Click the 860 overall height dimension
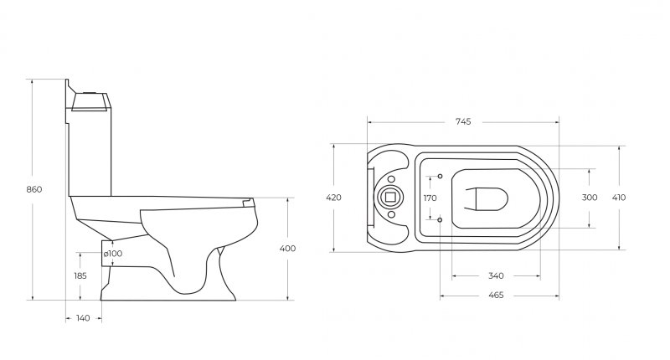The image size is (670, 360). [x=33, y=189]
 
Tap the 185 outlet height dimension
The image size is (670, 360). [x=80, y=275]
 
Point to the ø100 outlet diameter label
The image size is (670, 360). [x=113, y=254]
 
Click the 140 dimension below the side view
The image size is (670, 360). [x=83, y=318]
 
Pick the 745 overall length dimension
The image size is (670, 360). [x=463, y=121]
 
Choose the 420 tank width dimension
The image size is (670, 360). [x=333, y=198]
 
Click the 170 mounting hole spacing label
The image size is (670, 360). [x=430, y=198]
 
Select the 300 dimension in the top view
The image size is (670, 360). [x=590, y=198]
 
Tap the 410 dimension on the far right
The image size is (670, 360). [x=619, y=198]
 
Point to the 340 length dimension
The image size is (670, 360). [x=495, y=275]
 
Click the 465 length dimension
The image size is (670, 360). [x=495, y=295]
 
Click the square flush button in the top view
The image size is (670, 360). [x=389, y=198]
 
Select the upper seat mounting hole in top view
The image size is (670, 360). [x=441, y=177]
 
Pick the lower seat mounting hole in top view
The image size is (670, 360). [x=441, y=219]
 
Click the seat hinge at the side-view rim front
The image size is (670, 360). [x=246, y=201]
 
